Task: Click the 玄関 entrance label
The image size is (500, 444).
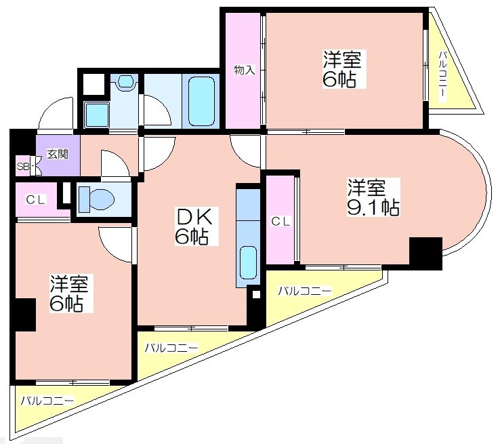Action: coord(58,155)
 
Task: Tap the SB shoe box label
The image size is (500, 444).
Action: coord(22,166)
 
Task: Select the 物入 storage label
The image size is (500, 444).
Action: coord(245,70)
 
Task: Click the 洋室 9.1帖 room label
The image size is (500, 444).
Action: coord(373,197)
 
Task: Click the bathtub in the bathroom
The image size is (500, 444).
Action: coord(201,101)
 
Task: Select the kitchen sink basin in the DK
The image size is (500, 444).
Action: coord(248,262)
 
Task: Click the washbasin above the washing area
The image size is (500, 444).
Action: coord(126,81)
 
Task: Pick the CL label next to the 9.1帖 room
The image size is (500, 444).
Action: coord(281,221)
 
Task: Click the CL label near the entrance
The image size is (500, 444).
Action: coord(36,200)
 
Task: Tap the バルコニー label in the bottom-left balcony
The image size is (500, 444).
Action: coord(47,401)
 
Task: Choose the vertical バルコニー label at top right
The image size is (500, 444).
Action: coord(442,76)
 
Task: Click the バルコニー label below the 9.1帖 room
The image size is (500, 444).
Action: coord(305,291)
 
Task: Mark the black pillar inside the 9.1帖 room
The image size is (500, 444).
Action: coord(425,254)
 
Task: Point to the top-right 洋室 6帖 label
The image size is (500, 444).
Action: coord(342,68)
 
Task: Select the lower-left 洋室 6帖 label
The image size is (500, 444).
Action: coord(69,293)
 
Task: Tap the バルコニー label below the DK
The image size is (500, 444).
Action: coord(171,348)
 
